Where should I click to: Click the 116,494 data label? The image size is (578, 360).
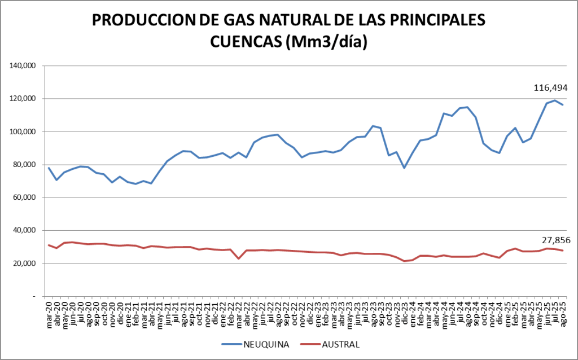[550, 87]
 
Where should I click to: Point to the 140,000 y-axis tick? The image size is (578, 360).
[24, 66]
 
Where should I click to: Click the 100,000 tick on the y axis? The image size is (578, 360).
[24, 132]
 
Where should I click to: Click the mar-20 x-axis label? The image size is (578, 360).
[50, 313]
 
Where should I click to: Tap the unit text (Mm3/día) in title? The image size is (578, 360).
[327, 42]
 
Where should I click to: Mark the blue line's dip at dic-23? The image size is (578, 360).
[404, 168]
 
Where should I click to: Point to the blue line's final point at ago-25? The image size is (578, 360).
[563, 105]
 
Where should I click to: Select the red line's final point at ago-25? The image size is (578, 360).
[563, 251]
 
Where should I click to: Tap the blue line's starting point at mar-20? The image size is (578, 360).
[49, 168]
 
